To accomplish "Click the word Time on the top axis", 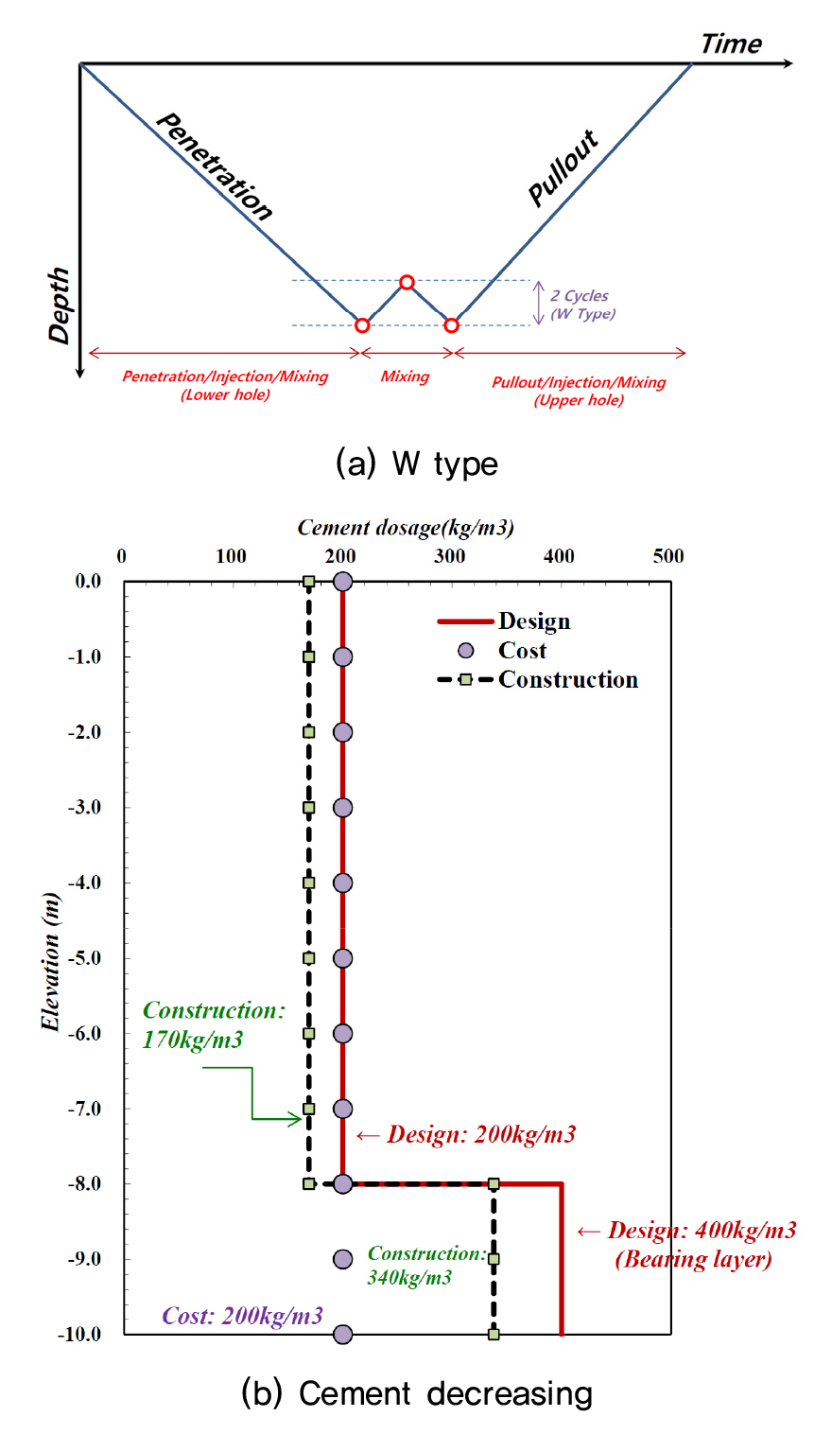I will point(731,44).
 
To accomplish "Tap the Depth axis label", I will point(61,305).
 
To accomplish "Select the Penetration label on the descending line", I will point(214,166).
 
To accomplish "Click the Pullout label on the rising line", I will point(563,168).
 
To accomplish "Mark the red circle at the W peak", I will point(407,282).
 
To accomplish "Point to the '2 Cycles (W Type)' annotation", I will point(581,305).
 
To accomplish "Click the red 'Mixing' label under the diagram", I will point(405,376).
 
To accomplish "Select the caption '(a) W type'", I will point(416,463).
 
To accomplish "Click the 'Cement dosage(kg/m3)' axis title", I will point(406,528).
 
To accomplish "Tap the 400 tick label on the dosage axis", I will point(559,556).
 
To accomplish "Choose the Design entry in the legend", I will point(534,621).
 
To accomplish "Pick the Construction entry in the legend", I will point(567,679).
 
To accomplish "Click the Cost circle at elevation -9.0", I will point(342,1259).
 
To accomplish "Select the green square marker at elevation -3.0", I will point(308,808).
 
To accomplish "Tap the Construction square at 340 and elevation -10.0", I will point(494,1334).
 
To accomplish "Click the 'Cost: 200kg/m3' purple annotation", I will point(242,1316).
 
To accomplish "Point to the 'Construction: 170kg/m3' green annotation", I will point(214,1025).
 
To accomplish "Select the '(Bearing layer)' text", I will point(693,1260).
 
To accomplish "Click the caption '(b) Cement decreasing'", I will point(417,1393).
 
